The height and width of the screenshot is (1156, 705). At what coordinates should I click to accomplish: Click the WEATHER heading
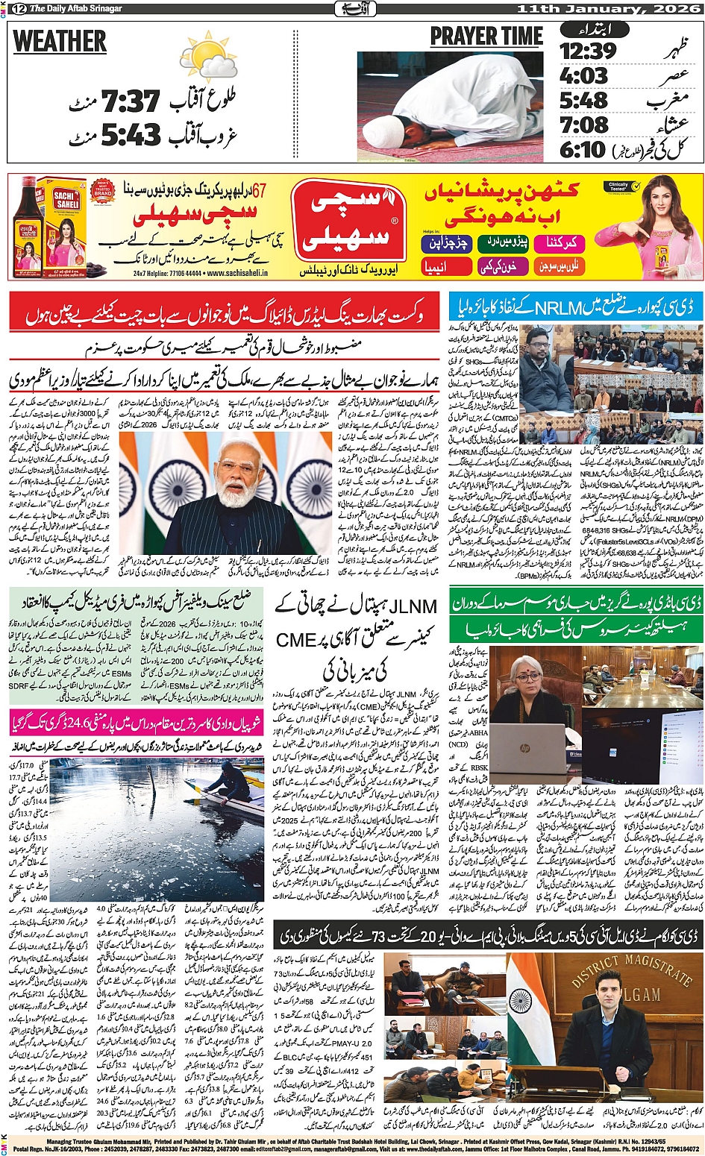pyautogui.click(x=60, y=43)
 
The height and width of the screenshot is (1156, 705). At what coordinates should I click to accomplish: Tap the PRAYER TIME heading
pyautogui.click(x=486, y=37)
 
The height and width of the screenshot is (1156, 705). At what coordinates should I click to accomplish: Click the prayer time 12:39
pyautogui.click(x=588, y=51)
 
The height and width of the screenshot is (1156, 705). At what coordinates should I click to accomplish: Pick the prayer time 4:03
pyautogui.click(x=583, y=76)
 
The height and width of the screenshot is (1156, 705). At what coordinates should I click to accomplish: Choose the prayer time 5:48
pyautogui.click(x=583, y=100)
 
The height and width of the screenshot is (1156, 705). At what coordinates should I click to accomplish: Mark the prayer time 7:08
pyautogui.click(x=583, y=124)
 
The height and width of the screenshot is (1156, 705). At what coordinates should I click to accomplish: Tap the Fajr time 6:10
pyautogui.click(x=583, y=149)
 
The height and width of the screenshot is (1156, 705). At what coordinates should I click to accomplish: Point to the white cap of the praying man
pyautogui.click(x=380, y=131)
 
